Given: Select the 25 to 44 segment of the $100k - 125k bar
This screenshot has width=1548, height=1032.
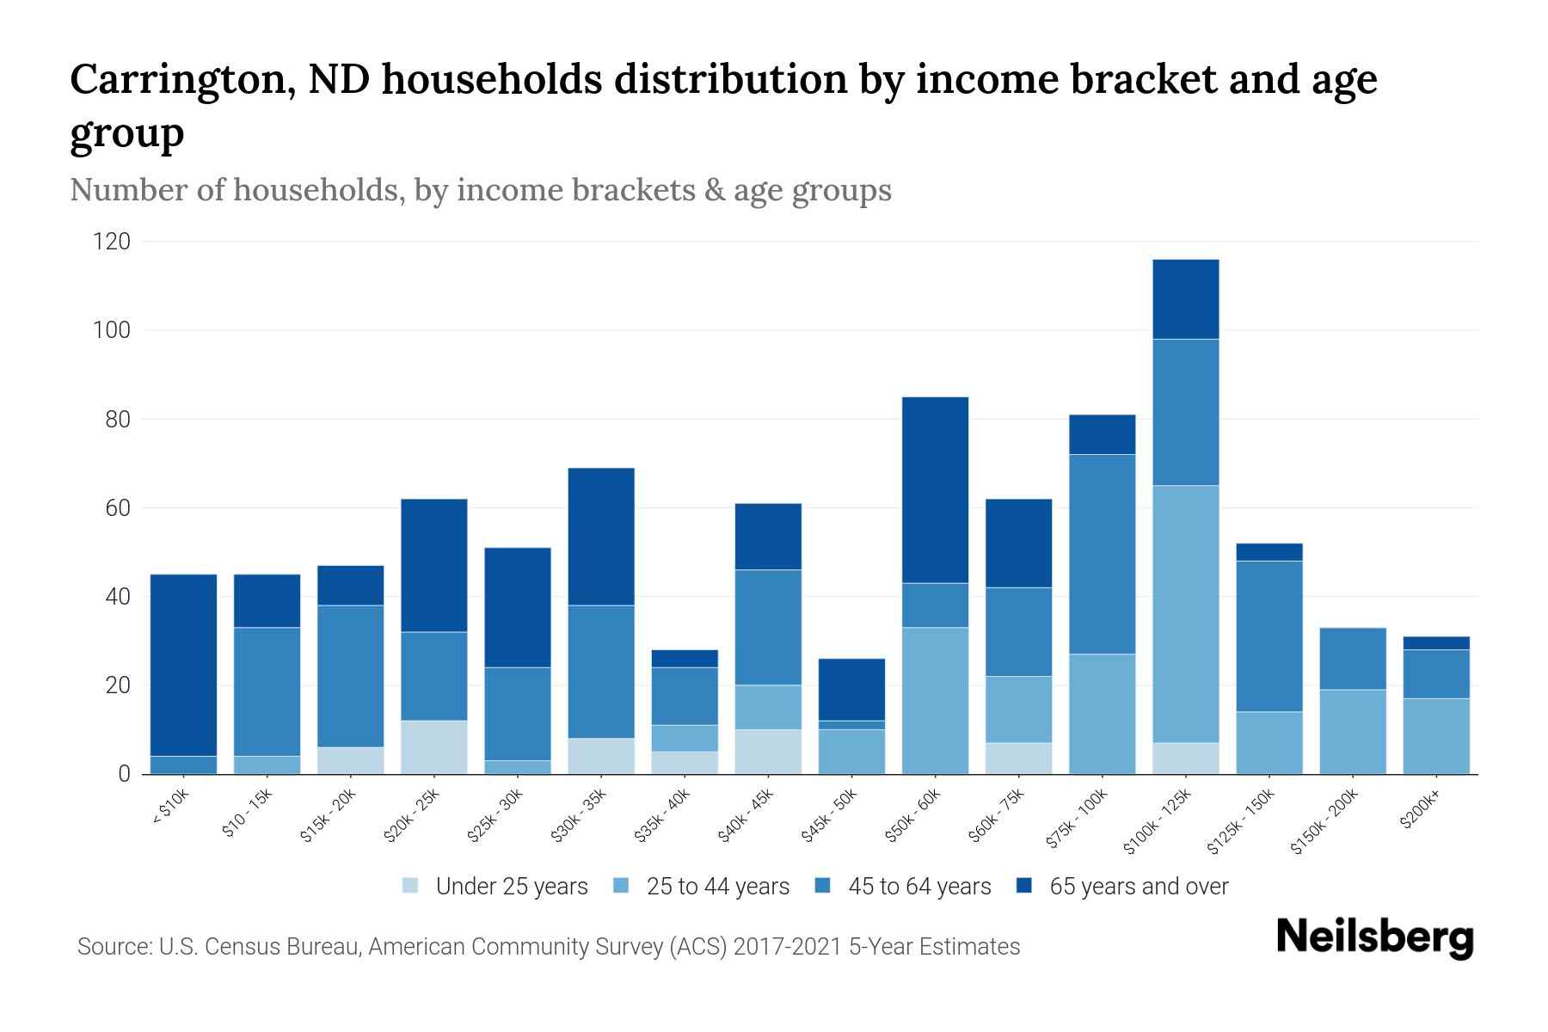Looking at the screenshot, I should (x=1185, y=614).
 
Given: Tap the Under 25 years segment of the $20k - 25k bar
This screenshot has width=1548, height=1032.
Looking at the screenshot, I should (x=433, y=746).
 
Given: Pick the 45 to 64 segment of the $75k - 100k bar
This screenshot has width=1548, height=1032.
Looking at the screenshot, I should (x=1102, y=554).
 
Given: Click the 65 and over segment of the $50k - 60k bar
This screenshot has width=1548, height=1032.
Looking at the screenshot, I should (x=935, y=490).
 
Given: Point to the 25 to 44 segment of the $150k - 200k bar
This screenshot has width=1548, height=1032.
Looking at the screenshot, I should (x=1352, y=731).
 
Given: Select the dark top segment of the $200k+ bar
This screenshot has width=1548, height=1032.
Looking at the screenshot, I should (x=1435, y=642).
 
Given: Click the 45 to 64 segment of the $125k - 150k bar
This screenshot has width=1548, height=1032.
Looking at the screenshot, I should (x=1268, y=636).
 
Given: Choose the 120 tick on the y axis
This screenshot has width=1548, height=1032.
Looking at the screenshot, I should (x=112, y=242).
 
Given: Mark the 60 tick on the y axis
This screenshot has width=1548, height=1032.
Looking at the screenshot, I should (x=116, y=508).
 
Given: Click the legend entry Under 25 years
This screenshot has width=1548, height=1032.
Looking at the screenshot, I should (x=511, y=887).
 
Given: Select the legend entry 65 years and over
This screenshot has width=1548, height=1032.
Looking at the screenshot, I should (x=1138, y=887).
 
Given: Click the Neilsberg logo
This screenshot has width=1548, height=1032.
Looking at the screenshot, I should (x=1374, y=937).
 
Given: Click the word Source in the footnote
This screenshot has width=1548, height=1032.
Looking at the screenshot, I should (x=112, y=947).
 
